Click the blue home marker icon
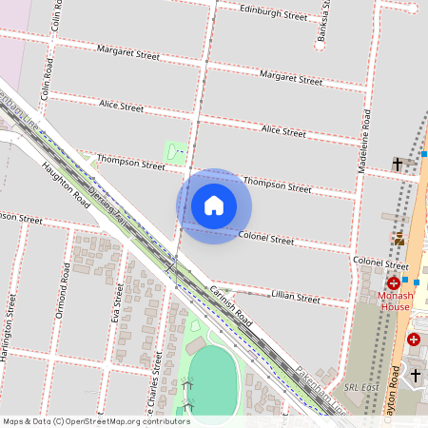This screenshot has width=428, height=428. point(214,205)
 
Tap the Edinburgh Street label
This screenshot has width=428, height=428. point(274,15)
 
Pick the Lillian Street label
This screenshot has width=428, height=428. point(295,298)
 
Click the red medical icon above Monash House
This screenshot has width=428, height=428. point(394,283)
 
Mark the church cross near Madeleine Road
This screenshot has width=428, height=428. point(398,165)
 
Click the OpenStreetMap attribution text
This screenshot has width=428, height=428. point(95,420)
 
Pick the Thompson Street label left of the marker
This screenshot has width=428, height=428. point(131,164)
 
